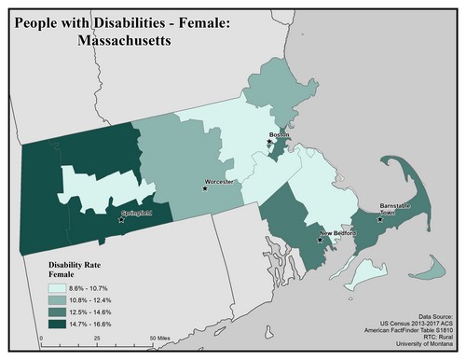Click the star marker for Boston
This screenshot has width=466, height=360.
[270, 143]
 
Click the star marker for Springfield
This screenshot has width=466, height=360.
[121, 220]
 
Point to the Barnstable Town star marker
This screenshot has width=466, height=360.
[379, 220]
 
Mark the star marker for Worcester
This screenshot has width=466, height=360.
[204, 189]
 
